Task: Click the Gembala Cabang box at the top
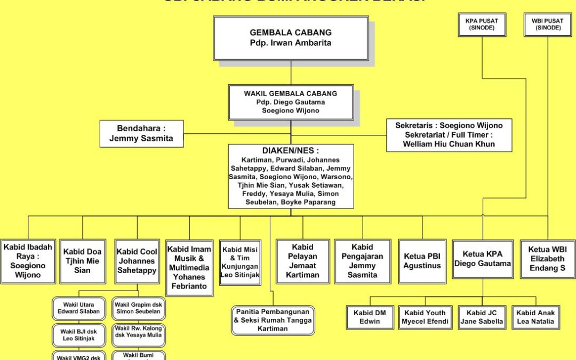pos(291,38)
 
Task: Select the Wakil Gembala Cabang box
pos(291,102)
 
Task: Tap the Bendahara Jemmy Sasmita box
pos(142,134)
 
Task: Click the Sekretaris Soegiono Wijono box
pos(449,134)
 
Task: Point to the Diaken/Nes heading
pos(291,151)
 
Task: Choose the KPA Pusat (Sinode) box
pos(482,24)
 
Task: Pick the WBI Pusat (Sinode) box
pos(547,24)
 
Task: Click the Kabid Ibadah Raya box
pos(28,261)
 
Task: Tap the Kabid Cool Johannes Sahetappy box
pos(137,261)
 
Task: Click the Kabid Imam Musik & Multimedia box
pos(189,267)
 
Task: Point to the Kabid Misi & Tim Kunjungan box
pos(240,262)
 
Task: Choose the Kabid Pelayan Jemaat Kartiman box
pos(302,261)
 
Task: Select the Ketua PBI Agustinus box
pos(422,261)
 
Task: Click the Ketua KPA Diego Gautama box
pos(483,259)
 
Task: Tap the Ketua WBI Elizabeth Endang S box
pos(547,259)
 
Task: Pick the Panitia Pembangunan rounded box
pos(273,320)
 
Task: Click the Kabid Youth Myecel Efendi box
pos(426,317)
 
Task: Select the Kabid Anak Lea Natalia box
pos(535,317)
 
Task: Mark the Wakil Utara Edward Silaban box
pos(78,308)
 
